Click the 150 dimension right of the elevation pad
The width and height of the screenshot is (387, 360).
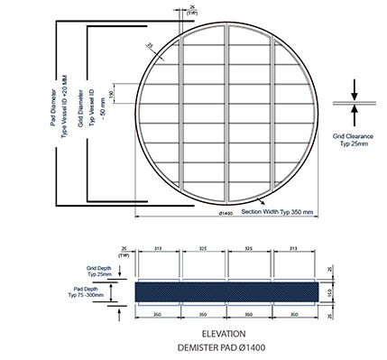(x=330, y=292)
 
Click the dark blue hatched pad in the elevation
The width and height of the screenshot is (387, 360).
(x=226, y=292)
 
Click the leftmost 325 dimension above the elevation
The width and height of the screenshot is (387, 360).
(x=204, y=250)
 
